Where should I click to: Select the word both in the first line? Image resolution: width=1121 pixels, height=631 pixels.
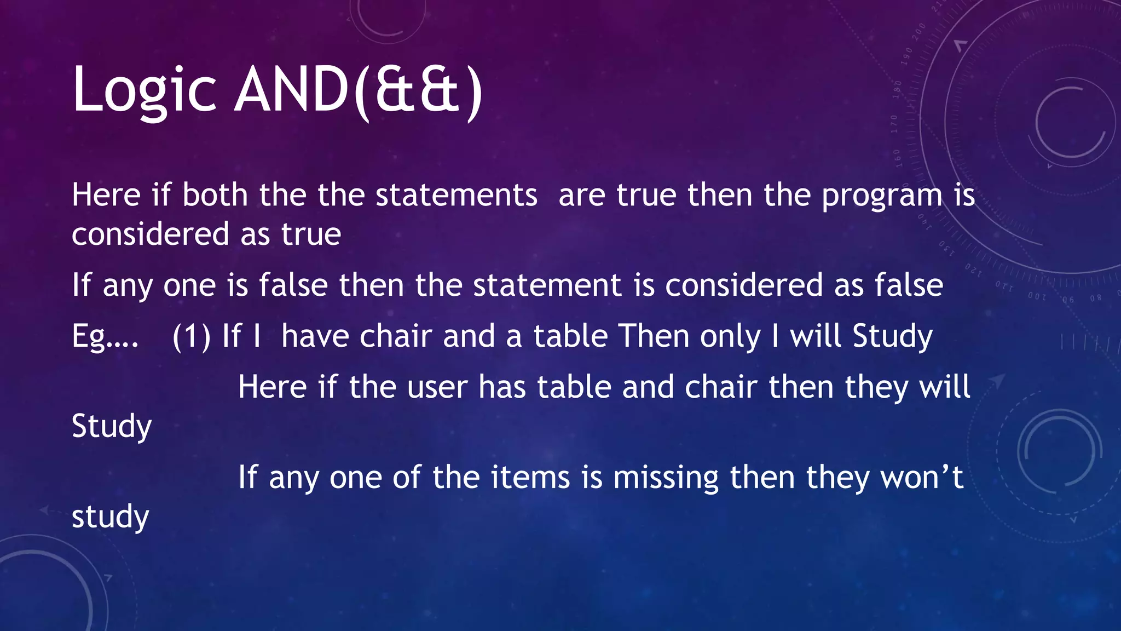pyautogui.click(x=215, y=195)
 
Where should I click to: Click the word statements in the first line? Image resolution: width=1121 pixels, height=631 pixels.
pyautogui.click(x=457, y=195)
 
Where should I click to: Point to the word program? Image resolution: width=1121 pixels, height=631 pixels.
pyautogui.click(x=882, y=196)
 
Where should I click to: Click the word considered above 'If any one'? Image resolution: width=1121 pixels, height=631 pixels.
pyautogui.click(x=151, y=234)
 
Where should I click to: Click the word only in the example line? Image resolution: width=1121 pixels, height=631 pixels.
pyautogui.click(x=731, y=336)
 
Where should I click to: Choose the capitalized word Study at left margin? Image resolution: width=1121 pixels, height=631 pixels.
pyautogui.click(x=112, y=427)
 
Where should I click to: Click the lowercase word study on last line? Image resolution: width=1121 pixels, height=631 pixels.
pyautogui.click(x=111, y=517)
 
